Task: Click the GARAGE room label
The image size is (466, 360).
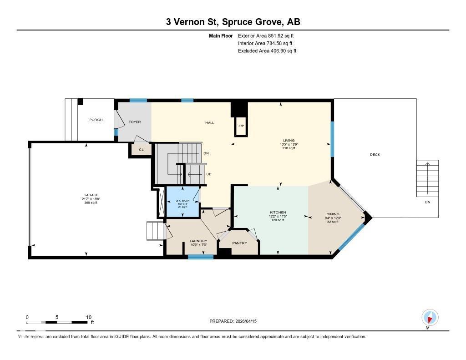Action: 90,195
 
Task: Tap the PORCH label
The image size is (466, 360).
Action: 96,120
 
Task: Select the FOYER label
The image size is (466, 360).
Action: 134,122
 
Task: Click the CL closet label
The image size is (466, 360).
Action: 141,149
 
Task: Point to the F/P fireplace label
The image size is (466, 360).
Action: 241,126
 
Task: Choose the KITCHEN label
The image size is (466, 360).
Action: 278,213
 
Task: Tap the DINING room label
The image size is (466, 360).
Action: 332,214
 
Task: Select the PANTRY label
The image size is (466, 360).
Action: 239,243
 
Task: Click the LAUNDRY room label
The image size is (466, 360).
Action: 198,241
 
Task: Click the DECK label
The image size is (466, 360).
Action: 375,155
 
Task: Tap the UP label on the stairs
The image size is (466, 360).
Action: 209,174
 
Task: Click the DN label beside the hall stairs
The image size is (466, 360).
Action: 206,153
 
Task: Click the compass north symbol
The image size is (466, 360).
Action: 430,317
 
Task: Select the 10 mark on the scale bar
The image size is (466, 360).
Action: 89,317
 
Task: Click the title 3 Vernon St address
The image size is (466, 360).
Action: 233,22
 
